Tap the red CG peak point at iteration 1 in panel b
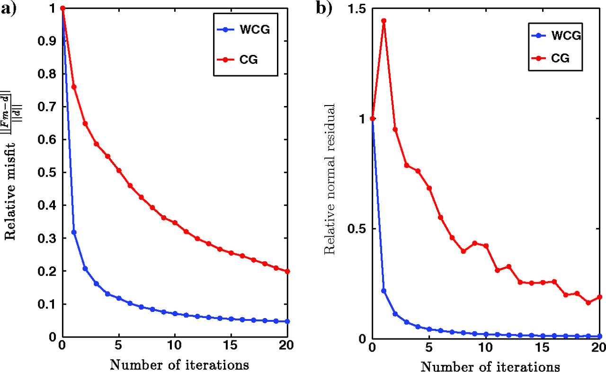[384, 21]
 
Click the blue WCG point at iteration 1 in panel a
[73, 232]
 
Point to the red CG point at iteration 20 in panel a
[287, 271]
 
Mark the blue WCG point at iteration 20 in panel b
[599, 336]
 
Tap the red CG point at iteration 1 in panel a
[73, 87]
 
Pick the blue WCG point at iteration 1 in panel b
[384, 291]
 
